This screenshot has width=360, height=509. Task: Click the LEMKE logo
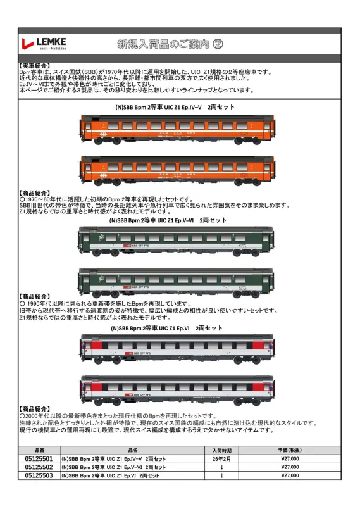(44, 44)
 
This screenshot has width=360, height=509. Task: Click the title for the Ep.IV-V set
(175, 108)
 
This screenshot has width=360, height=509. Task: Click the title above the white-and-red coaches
(167, 329)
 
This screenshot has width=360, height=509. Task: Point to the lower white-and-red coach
(177, 388)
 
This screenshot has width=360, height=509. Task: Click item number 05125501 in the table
(39, 458)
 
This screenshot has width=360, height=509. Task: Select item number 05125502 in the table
(39, 467)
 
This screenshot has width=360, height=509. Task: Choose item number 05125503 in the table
(39, 475)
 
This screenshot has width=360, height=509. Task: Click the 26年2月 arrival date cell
(221, 458)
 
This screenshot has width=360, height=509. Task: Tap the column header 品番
(39, 449)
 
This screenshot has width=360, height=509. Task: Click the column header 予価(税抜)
(289, 449)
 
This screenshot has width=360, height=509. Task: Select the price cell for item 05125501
(289, 458)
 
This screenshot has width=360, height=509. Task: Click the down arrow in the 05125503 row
(221, 475)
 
